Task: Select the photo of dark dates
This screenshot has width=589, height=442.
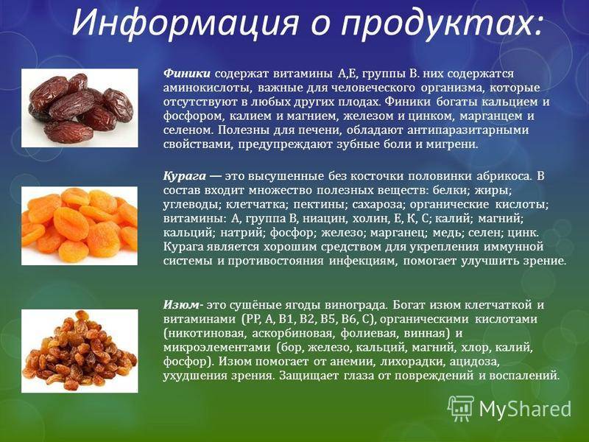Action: tap(79, 108)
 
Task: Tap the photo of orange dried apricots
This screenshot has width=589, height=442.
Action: tap(79, 225)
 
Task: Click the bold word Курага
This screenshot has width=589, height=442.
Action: tap(183, 177)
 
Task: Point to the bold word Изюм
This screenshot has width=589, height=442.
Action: tap(181, 305)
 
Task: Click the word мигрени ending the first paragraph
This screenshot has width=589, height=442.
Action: tap(454, 144)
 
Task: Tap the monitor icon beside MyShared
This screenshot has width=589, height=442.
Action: tap(460, 407)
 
